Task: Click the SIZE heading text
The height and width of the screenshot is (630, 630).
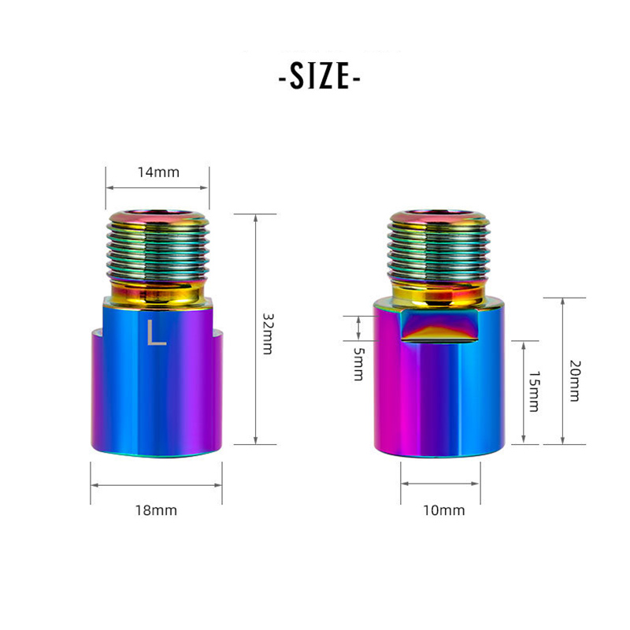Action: point(320,76)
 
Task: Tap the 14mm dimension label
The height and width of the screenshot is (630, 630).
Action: point(158,172)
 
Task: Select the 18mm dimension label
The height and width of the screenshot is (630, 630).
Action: point(156,510)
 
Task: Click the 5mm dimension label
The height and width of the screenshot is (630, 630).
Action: point(358,364)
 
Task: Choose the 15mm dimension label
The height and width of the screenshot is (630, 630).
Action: point(534,391)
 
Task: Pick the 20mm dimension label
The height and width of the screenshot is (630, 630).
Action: point(576,381)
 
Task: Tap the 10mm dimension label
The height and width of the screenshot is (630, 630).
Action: point(444,510)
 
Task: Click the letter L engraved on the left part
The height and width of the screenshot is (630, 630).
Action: point(156,332)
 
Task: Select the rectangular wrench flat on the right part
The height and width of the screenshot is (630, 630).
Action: point(441,325)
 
